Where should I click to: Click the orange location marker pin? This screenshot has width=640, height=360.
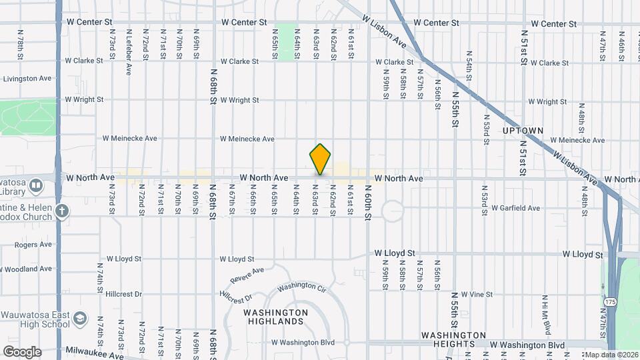click(320, 159)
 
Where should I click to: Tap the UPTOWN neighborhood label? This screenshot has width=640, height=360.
click(523, 130)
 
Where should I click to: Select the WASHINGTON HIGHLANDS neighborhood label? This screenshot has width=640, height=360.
click(275, 317)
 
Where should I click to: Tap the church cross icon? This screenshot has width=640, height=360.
click(62, 211)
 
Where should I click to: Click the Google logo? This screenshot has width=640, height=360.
click(21, 351)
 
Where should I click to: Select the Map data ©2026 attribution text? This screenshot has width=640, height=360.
click(610, 355)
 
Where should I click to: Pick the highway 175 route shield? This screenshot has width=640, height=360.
click(609, 302)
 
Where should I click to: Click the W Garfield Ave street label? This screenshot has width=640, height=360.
click(515, 208)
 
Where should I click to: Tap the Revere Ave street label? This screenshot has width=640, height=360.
click(247, 274)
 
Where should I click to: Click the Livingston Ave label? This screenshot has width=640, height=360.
click(27, 79)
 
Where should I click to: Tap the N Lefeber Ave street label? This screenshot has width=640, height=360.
click(128, 42)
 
